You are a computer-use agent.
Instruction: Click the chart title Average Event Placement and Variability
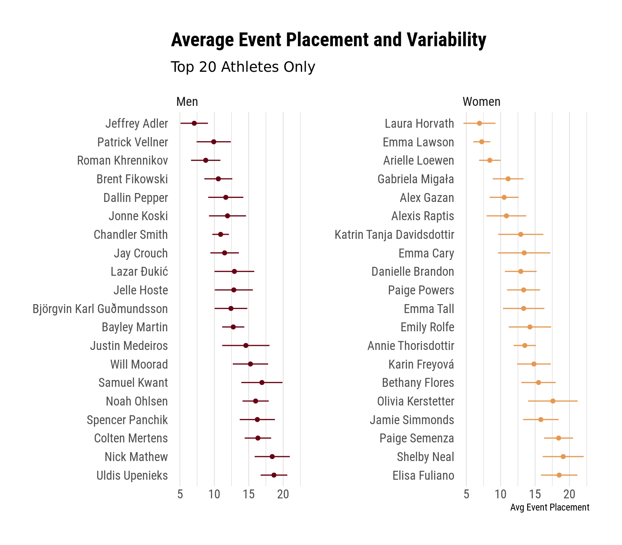pyautogui.click(x=328, y=40)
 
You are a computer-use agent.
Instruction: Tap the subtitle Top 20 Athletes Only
pyautogui.click(x=243, y=67)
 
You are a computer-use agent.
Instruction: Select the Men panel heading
pyautogui.click(x=187, y=101)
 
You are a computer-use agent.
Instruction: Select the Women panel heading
pyautogui.click(x=481, y=101)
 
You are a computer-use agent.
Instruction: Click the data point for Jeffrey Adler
pyautogui.click(x=194, y=123)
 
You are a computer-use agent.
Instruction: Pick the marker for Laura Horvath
pyautogui.click(x=479, y=123)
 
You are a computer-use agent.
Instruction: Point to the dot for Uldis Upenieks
pyautogui.click(x=274, y=475)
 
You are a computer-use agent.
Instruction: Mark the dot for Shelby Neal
pyautogui.click(x=563, y=457)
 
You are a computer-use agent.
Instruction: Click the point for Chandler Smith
pyautogui.click(x=220, y=234)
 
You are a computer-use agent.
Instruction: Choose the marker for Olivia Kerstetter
pyautogui.click(x=553, y=401)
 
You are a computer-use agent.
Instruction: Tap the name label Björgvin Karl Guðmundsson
pyautogui.click(x=100, y=309)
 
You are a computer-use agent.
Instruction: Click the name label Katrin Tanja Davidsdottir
pyautogui.click(x=394, y=235)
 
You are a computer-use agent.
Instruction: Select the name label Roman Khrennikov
pyautogui.click(x=122, y=161)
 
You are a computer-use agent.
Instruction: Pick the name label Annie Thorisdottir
pyautogui.click(x=411, y=346)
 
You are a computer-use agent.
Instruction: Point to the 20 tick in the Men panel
pyautogui.click(x=283, y=495)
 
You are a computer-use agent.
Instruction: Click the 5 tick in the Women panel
pyautogui.click(x=466, y=495)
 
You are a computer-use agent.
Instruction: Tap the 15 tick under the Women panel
pyautogui.click(x=535, y=495)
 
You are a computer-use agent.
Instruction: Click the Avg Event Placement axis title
pyautogui.click(x=550, y=508)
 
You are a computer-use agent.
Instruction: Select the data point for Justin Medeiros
pyautogui.click(x=245, y=345)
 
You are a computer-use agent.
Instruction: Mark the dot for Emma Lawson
pyautogui.click(x=481, y=142)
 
